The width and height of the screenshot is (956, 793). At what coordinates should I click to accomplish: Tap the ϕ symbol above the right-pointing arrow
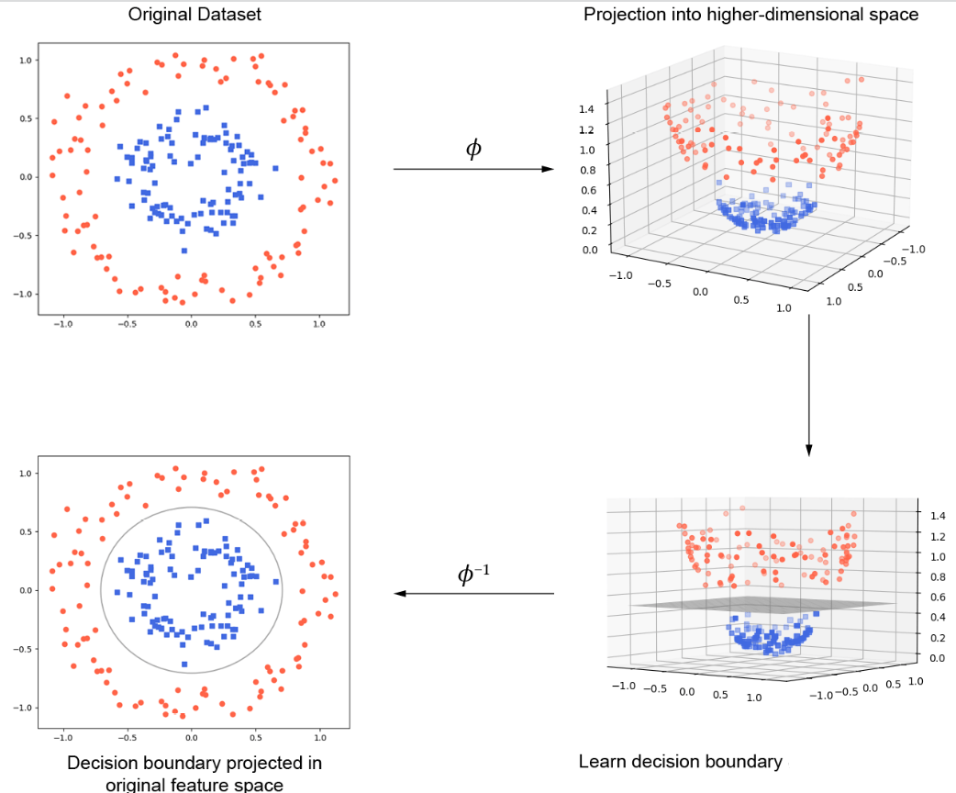474,148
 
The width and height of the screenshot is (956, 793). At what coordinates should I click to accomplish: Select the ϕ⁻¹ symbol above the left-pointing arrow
474,575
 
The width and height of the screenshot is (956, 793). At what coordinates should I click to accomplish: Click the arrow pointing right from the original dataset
473,170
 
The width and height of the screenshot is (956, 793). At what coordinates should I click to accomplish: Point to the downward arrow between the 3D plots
808,385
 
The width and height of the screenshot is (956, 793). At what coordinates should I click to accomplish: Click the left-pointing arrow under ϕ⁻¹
473,594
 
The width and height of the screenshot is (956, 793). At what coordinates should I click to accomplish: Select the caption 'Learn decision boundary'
680,762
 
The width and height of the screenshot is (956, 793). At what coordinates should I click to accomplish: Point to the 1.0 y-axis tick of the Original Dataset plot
25,60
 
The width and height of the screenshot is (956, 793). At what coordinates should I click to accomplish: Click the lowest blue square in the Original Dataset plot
184,250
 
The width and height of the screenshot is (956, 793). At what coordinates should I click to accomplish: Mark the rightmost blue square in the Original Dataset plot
275,167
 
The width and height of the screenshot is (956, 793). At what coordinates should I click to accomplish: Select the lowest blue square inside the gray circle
184,664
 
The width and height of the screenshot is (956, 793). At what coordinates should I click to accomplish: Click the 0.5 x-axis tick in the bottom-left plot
256,737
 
